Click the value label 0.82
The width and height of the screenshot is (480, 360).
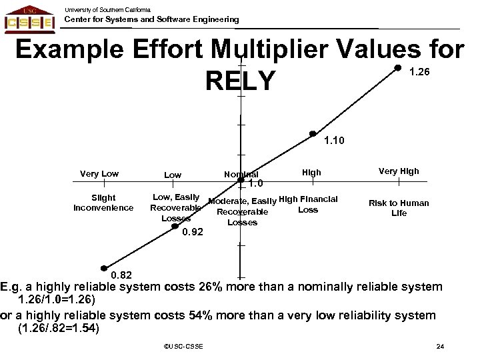pyautogui.click(x=121, y=275)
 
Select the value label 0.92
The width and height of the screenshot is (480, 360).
pyautogui.click(x=193, y=232)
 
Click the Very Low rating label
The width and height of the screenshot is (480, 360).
pyautogui.click(x=99, y=174)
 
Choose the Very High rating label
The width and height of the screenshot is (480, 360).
pyautogui.click(x=399, y=171)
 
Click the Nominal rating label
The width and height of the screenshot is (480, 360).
pyautogui.click(x=241, y=175)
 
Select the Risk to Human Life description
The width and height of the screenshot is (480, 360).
pyautogui.click(x=399, y=208)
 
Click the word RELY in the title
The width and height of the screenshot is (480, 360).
pyautogui.click(x=240, y=81)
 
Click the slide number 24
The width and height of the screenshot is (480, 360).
pyautogui.click(x=439, y=345)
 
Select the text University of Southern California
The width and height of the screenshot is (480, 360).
pyautogui.click(x=107, y=9)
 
